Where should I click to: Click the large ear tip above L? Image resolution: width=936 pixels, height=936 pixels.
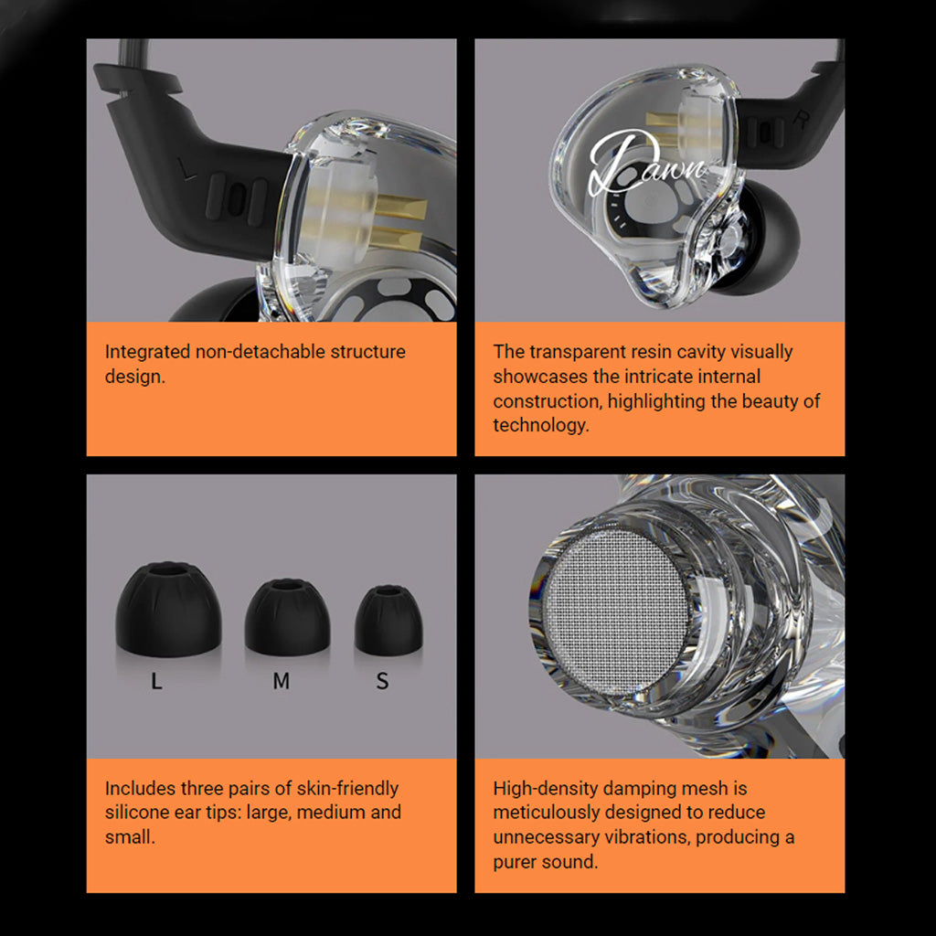click(x=168, y=610)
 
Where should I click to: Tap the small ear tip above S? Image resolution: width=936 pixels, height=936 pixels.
click(x=388, y=621)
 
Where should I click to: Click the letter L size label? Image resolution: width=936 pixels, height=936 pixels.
click(x=156, y=682)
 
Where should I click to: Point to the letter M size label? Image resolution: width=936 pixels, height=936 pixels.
click(x=282, y=682)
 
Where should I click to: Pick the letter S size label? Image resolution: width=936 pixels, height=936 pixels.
click(x=383, y=682)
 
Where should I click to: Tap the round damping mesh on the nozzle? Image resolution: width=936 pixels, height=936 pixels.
click(x=615, y=610)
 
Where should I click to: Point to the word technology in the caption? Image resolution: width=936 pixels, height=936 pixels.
click(x=539, y=425)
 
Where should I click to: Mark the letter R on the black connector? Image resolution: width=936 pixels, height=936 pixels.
click(x=801, y=118)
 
